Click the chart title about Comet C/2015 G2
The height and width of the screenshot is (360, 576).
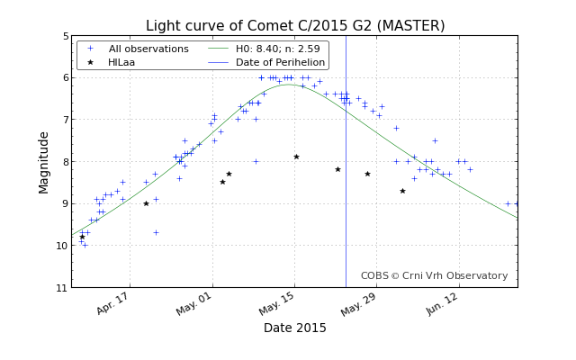(295, 25)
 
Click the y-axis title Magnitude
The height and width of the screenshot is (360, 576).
(44, 162)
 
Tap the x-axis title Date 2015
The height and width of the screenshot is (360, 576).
(295, 328)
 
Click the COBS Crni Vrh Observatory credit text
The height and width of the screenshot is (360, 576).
(434, 276)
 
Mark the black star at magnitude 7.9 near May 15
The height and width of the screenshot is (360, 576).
(296, 157)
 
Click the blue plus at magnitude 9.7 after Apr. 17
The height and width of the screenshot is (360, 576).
(156, 232)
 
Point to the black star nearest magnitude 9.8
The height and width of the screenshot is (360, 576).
(82, 237)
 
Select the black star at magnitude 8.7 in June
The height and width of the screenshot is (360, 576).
(402, 191)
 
